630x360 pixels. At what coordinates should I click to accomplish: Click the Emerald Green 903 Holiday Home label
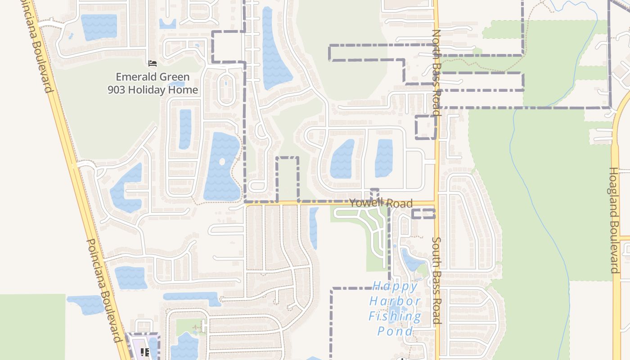click(x=153, y=83)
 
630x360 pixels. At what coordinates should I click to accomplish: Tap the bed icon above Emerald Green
click(x=153, y=63)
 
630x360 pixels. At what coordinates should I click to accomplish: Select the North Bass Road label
click(x=436, y=72)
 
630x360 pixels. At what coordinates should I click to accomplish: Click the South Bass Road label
click(x=436, y=280)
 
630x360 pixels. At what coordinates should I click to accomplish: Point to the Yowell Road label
click(x=381, y=203)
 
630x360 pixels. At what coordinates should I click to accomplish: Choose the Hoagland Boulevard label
click(x=614, y=220)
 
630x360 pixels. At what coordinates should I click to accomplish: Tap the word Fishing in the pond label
click(x=395, y=316)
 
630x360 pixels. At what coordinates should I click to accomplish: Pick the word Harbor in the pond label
click(x=395, y=301)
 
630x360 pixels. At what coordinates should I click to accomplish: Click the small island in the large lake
click(x=221, y=161)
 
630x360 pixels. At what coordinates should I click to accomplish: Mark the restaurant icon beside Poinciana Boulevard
click(x=144, y=352)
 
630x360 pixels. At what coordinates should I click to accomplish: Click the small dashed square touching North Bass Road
click(x=425, y=127)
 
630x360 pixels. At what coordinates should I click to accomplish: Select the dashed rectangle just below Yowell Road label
click(x=423, y=213)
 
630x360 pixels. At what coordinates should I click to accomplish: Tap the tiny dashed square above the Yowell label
click(x=374, y=194)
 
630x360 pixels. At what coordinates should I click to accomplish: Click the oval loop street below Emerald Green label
click(x=225, y=90)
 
